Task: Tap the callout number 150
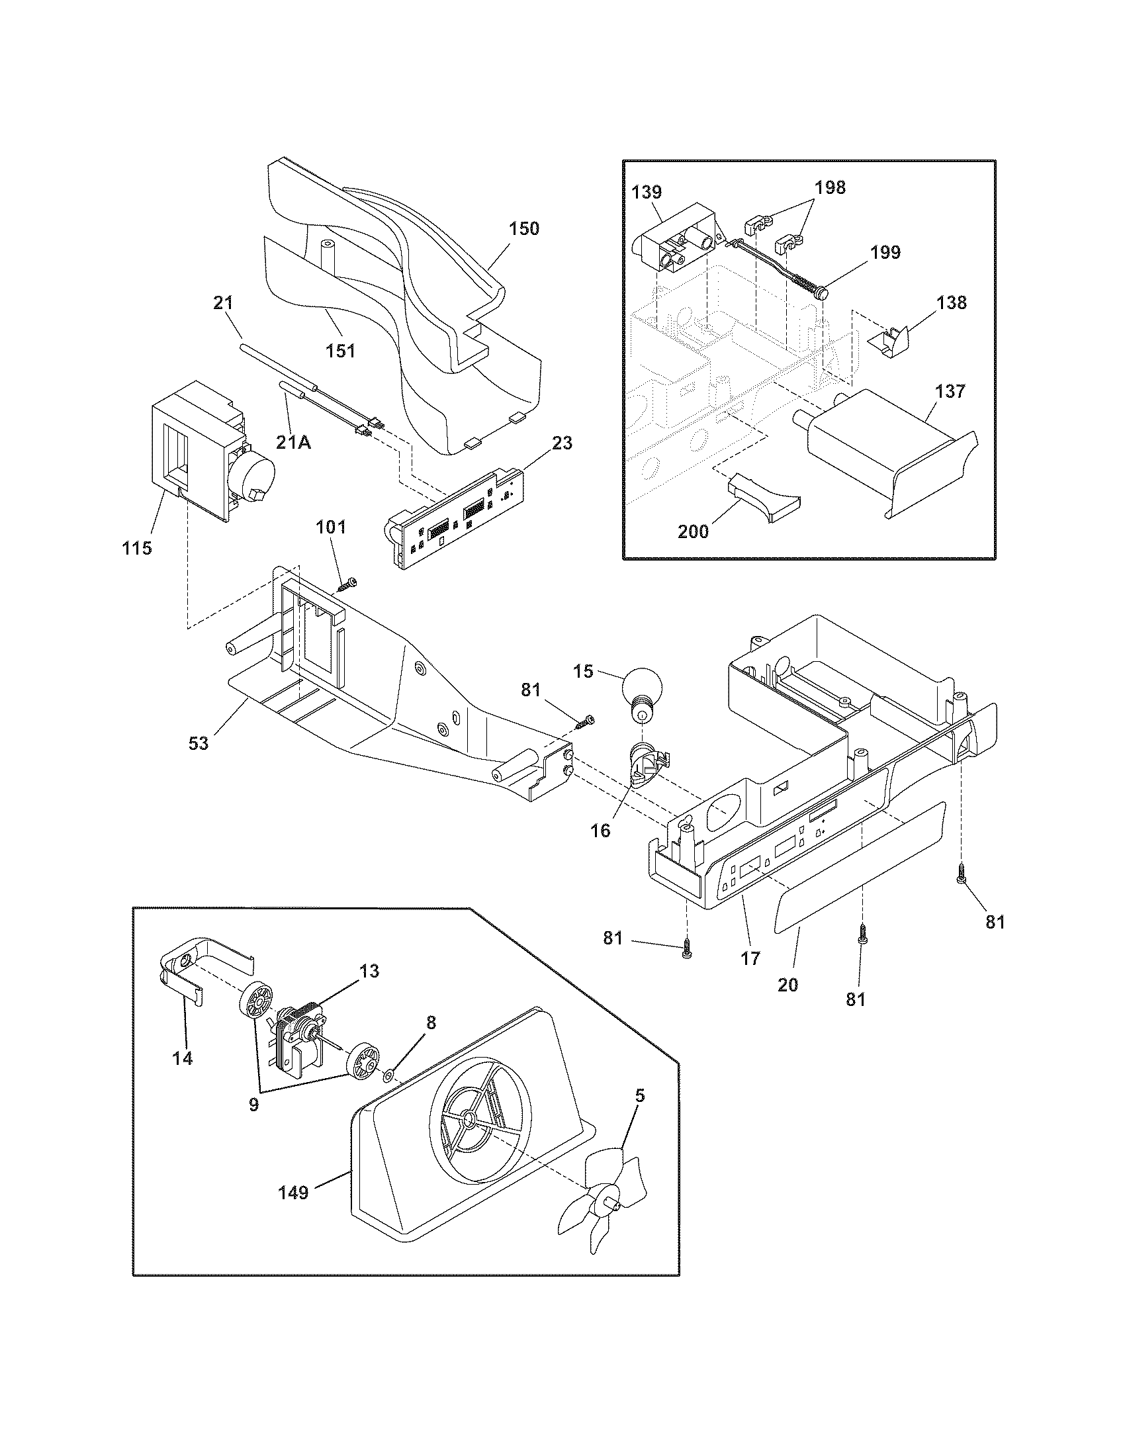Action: click(524, 229)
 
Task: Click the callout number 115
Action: click(136, 548)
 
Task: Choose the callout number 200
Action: click(693, 531)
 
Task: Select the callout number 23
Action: click(562, 443)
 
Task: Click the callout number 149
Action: click(293, 1192)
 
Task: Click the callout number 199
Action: click(885, 252)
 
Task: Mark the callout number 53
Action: click(199, 743)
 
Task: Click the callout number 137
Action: click(950, 391)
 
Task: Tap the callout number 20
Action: click(787, 984)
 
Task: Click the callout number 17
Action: click(750, 958)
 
